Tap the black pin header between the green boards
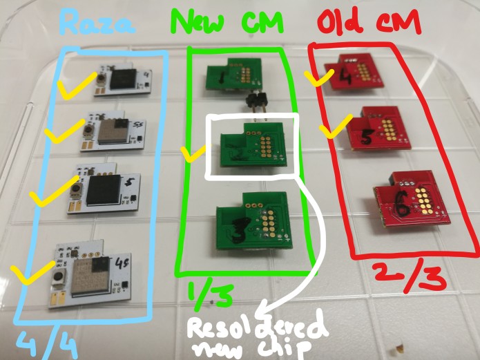(256, 103)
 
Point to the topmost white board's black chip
(125, 79)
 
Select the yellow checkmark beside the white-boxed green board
(188, 153)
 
